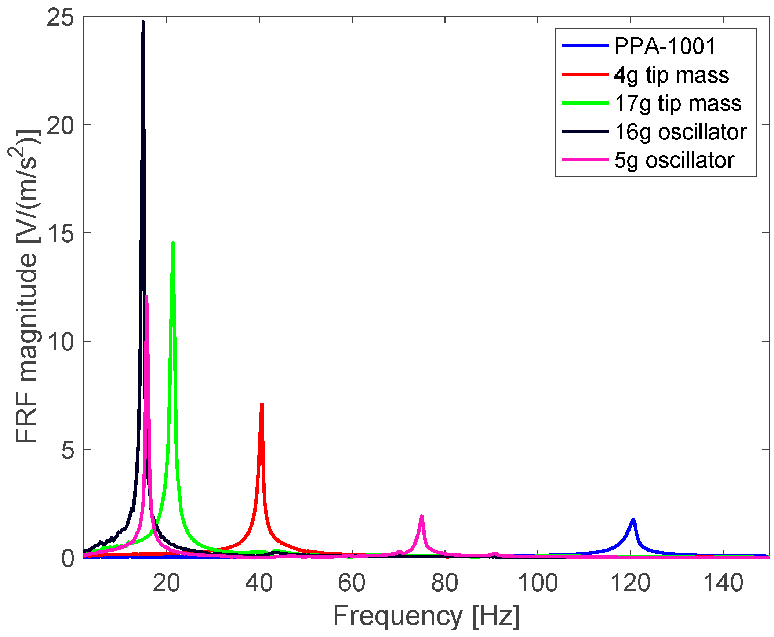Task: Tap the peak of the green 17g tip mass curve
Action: click(173, 243)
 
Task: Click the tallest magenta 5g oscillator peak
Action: click(147, 297)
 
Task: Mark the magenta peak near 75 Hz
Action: click(422, 517)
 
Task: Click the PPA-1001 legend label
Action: click(665, 46)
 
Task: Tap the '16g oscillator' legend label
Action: click(681, 132)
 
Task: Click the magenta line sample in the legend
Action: click(585, 160)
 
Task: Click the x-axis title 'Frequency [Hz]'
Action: click(426, 616)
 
